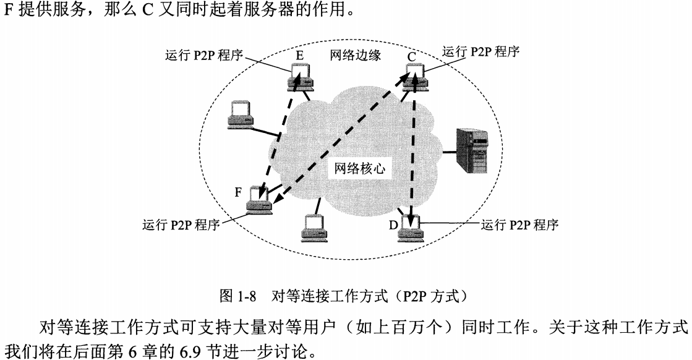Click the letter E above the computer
click(299, 55)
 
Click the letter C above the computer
click(411, 58)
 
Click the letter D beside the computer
click(393, 224)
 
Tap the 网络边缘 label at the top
click(354, 55)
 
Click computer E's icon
click(302, 77)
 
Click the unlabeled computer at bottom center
click(314, 229)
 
